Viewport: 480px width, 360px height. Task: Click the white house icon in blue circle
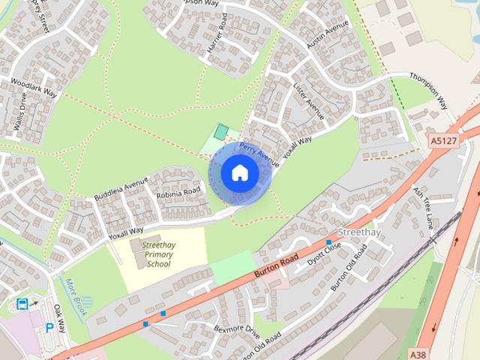[x=240, y=173]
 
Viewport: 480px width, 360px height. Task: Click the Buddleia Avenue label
[x=121, y=188]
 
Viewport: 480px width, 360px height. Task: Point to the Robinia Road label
[x=178, y=193]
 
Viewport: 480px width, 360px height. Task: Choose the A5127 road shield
[x=443, y=140]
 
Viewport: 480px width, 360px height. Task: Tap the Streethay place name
[x=359, y=232]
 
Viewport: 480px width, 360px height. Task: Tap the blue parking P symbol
[x=49, y=328]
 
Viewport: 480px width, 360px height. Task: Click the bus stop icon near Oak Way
[x=22, y=304]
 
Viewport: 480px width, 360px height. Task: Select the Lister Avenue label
[x=309, y=101]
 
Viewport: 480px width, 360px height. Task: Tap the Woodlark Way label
[x=34, y=87]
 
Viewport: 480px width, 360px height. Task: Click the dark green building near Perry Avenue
[x=220, y=132]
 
